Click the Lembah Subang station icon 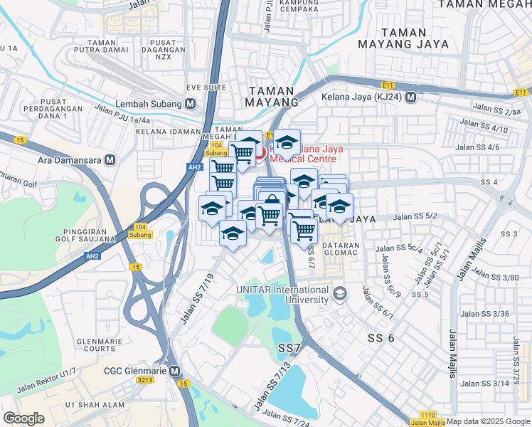pyautogui.click(x=190, y=103)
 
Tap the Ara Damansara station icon pyautogui.click(x=110, y=160)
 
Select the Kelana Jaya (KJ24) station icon pyautogui.click(x=410, y=97)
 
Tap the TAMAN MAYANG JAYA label pyautogui.click(x=414, y=38)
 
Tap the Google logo pyautogui.click(x=23, y=418)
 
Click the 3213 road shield pyautogui.click(x=145, y=381)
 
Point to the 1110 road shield pyautogui.click(x=427, y=415)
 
